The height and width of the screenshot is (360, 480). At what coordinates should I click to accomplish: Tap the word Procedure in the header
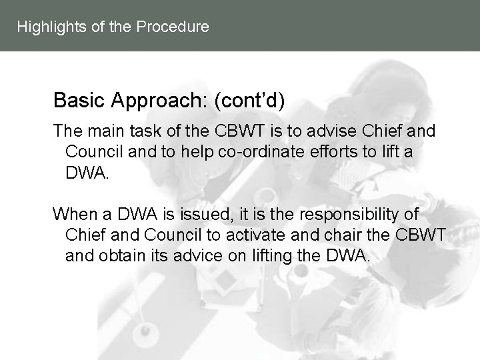(172, 27)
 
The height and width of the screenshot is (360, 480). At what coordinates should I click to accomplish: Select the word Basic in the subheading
(75, 101)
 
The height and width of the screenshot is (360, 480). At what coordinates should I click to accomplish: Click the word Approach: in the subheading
(155, 101)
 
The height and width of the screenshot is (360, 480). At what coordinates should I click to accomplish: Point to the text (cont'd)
(249, 101)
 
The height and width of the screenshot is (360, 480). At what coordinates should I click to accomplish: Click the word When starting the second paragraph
(74, 215)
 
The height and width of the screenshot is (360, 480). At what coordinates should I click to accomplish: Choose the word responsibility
(343, 215)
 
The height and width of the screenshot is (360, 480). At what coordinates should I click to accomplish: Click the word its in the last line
(157, 256)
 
